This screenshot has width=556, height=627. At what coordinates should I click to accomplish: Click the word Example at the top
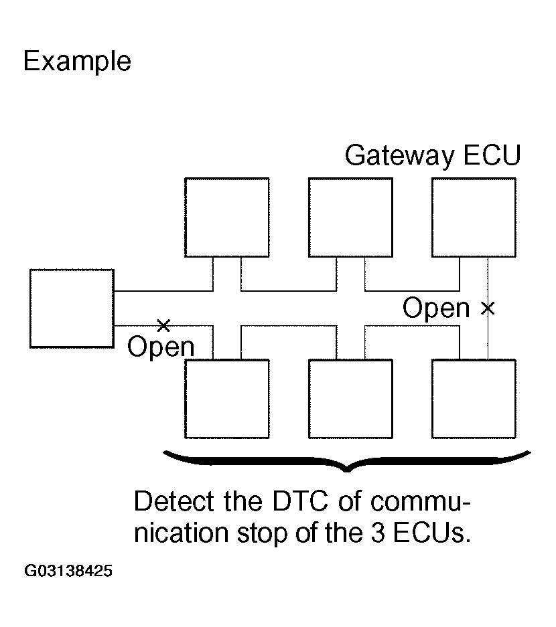77,62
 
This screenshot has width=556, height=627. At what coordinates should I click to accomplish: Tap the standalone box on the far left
72,308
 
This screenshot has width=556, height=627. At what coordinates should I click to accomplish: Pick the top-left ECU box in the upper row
227,217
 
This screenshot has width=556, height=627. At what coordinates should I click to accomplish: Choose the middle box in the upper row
350,217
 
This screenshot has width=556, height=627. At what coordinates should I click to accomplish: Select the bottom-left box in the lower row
227,399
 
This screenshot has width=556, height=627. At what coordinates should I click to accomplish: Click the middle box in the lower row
350,399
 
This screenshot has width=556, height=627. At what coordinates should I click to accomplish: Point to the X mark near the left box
163,326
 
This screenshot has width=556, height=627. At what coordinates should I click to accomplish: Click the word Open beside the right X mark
436,308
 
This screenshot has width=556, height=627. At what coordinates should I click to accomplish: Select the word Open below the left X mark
161,347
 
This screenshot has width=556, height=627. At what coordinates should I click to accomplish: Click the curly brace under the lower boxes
348,462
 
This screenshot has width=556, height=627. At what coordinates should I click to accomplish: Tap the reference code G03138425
68,571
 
